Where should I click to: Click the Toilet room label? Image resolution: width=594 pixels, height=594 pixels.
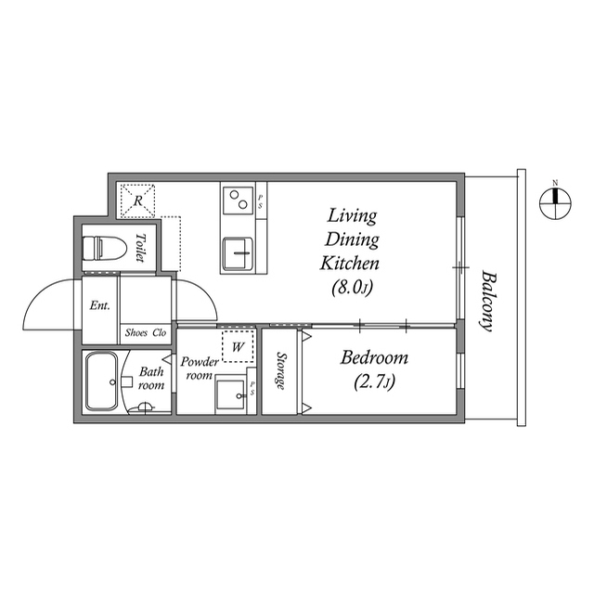(x=140, y=248)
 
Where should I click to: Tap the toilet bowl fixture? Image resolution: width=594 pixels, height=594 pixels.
(x=104, y=249)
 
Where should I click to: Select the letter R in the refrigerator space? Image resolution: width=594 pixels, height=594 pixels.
(x=138, y=200)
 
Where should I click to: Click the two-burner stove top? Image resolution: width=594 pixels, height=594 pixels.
(x=239, y=200)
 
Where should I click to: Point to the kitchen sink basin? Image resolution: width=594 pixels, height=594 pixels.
(x=238, y=253)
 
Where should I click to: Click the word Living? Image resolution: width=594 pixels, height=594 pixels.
(x=352, y=216)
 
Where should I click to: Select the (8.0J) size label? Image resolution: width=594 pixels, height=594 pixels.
(x=353, y=288)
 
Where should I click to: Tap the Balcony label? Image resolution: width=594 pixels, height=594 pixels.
(x=488, y=301)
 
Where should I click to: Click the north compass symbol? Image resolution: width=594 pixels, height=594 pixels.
(x=555, y=202)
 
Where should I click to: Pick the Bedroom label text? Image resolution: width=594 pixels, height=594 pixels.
(x=374, y=357)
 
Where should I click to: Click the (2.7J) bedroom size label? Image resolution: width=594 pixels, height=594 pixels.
(x=374, y=381)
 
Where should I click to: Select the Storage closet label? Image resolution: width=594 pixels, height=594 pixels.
(x=281, y=370)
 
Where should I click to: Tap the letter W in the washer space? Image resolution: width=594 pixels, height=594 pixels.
(x=238, y=346)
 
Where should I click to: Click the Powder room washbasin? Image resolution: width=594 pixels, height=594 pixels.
(x=230, y=394)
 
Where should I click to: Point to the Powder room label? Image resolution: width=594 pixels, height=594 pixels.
(x=200, y=368)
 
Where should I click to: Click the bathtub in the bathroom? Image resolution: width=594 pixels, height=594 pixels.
(x=101, y=381)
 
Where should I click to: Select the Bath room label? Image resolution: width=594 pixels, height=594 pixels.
(x=151, y=378)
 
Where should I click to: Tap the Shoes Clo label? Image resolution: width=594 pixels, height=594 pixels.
(x=146, y=332)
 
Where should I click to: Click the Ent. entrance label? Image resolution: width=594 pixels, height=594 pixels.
(x=100, y=305)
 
